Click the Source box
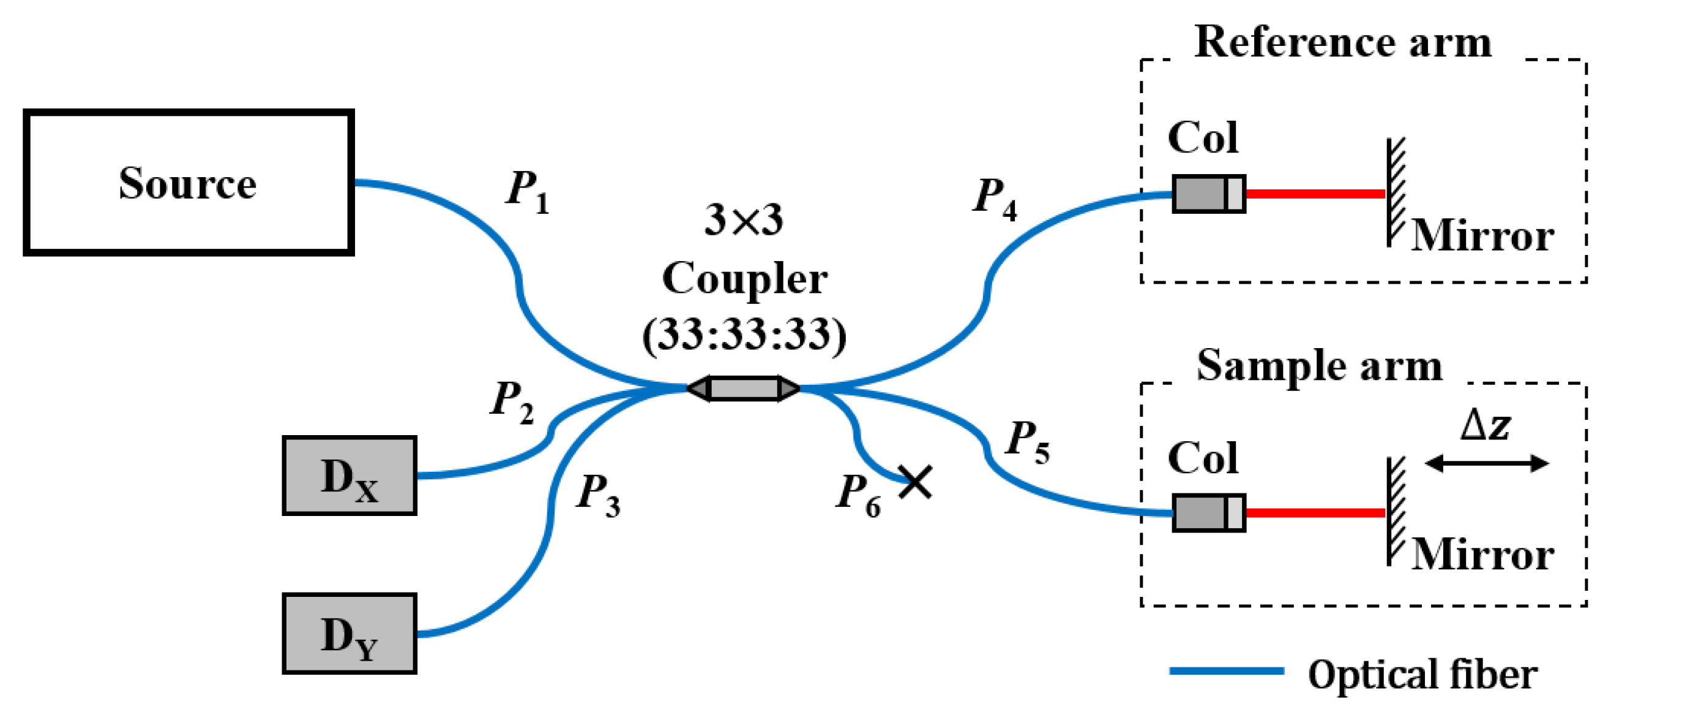[x=188, y=183]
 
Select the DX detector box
[x=349, y=476]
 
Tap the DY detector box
[x=349, y=634]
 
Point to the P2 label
[x=512, y=401]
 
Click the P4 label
[x=995, y=199]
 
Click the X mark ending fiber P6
[x=915, y=482]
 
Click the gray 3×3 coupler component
[x=744, y=389]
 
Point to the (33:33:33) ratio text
[x=744, y=335]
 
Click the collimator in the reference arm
[x=1208, y=194]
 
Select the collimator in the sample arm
[x=1208, y=513]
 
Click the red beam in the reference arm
[x=1315, y=194]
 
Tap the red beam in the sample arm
[x=1315, y=513]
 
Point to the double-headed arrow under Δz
[x=1486, y=464]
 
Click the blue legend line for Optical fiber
[x=1226, y=671]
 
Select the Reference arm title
[x=1343, y=42]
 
